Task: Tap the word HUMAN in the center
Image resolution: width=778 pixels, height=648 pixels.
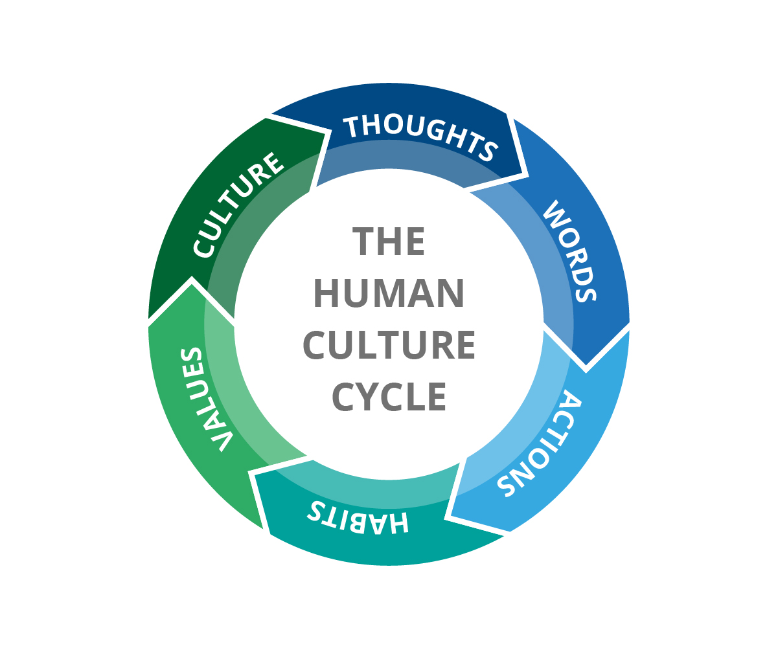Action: coord(389,293)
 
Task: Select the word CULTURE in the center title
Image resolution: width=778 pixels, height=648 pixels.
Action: coord(389,345)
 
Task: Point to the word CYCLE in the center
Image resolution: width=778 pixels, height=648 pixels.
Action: coord(389,396)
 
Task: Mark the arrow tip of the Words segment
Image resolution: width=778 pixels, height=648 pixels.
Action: coord(586,372)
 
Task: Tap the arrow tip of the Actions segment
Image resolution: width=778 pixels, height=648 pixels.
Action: coord(446,517)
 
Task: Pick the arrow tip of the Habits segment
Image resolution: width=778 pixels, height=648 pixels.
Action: coord(249,471)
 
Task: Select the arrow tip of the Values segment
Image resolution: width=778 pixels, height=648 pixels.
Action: coord(192,278)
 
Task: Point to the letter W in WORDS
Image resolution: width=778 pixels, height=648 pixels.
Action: coord(551,211)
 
